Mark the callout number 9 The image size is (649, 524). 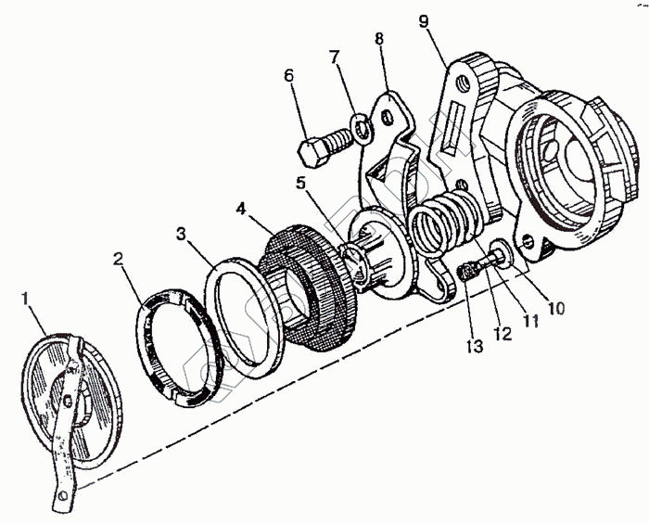(x=424, y=20)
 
